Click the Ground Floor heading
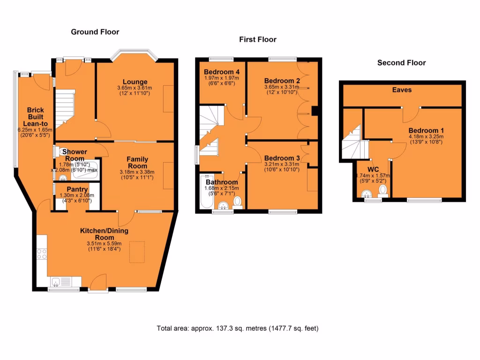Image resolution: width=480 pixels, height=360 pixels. pyautogui.click(x=95, y=32)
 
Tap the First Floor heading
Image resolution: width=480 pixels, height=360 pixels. pyautogui.click(x=258, y=39)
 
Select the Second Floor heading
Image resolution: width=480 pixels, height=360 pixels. pyautogui.click(x=401, y=62)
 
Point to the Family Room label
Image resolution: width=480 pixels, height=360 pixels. pyautogui.click(x=137, y=163)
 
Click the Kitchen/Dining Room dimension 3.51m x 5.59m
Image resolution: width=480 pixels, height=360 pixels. pyautogui.click(x=104, y=243)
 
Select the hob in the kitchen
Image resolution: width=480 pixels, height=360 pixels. pyautogui.click(x=41, y=254)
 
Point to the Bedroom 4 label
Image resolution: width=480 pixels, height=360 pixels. pyautogui.click(x=222, y=72)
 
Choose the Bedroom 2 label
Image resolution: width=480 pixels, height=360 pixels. pyautogui.click(x=282, y=80)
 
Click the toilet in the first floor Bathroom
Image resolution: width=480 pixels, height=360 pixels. pyautogui.click(x=237, y=202)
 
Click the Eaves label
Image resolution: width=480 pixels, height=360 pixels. pyautogui.click(x=402, y=89)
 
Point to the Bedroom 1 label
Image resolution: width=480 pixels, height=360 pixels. pyautogui.click(x=426, y=130)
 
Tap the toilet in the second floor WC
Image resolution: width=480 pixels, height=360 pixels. pyautogui.click(x=383, y=190)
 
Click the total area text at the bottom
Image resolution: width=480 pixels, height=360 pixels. pyautogui.click(x=238, y=328)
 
